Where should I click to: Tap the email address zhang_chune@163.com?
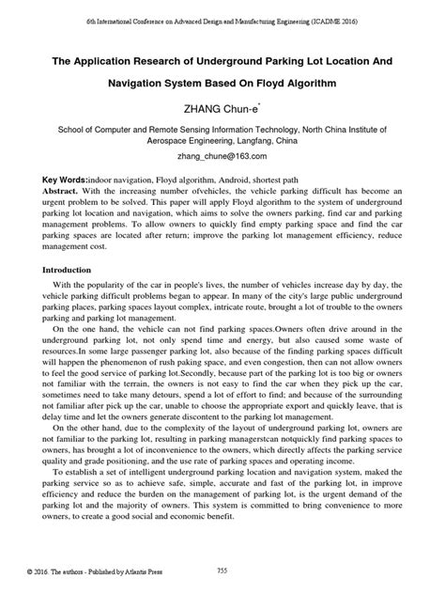pos(222,156)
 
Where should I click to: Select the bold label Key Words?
pos(66,179)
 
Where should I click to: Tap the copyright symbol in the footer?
pos(31,572)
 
